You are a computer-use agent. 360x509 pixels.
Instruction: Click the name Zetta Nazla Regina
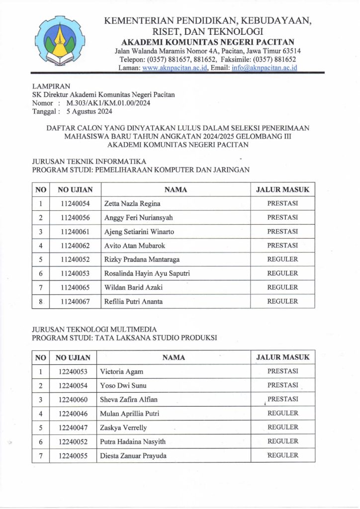point(132,203)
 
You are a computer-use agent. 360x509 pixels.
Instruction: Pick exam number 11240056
point(75,217)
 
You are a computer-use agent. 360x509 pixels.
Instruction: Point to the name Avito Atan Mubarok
point(134,246)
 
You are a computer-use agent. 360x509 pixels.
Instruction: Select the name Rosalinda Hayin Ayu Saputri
point(147,273)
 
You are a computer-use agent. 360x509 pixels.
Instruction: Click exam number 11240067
point(75,301)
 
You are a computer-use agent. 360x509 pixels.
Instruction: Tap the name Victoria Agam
point(122,371)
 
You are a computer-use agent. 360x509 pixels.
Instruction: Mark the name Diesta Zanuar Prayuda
point(133,455)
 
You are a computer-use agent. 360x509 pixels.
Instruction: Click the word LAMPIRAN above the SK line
point(51,86)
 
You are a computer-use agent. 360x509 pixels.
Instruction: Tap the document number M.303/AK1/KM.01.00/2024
point(104,103)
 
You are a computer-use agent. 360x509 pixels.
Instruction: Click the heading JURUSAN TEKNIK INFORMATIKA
point(89,162)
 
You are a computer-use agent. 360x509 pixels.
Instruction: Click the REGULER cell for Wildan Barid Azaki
point(282,287)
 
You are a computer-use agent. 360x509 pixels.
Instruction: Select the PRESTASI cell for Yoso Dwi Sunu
point(282,385)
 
